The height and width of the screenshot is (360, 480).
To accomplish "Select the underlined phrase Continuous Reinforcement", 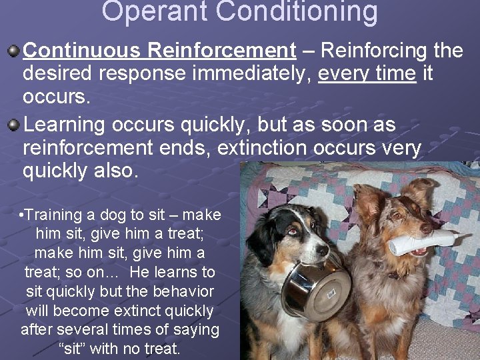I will click(x=159, y=50).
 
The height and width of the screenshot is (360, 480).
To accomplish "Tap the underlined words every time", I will click(x=367, y=73).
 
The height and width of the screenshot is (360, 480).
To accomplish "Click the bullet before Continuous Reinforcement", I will click(x=13, y=51).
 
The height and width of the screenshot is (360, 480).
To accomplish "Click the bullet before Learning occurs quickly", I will click(x=13, y=125).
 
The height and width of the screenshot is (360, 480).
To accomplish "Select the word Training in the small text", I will click(x=53, y=215).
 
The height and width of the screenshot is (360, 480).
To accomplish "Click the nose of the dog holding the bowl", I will click(x=323, y=251).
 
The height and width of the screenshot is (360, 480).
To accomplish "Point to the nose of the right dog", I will click(x=425, y=229).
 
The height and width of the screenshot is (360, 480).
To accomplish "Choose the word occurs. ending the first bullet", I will click(x=56, y=97).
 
